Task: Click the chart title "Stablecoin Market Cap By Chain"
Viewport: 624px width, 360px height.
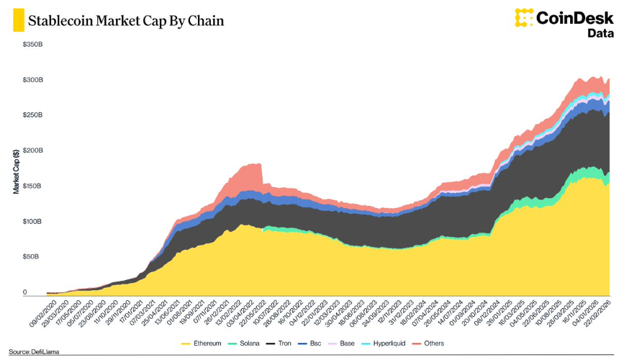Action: point(125,21)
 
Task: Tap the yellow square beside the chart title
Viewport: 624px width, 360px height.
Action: point(14,21)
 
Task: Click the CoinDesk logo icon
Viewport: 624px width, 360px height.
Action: point(524,17)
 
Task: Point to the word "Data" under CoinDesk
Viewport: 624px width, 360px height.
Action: point(600,33)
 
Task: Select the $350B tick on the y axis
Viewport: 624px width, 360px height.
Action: point(32,45)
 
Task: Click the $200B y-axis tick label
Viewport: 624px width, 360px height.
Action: point(32,150)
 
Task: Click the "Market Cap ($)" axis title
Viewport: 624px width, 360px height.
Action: point(15,172)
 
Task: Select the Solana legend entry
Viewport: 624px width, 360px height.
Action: point(245,344)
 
